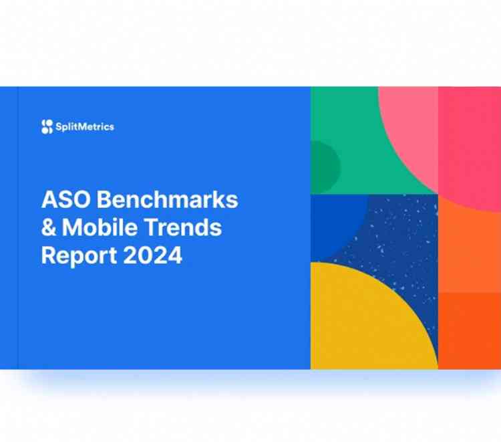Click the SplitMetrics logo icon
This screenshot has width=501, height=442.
click(x=46, y=126)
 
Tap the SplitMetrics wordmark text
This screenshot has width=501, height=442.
click(x=85, y=126)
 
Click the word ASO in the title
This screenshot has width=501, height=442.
click(x=63, y=200)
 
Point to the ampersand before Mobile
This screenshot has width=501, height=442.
click(x=49, y=227)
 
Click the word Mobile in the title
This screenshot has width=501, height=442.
click(x=100, y=227)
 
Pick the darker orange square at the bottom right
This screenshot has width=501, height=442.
click(x=469, y=330)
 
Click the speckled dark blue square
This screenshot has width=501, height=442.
click(x=401, y=234)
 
